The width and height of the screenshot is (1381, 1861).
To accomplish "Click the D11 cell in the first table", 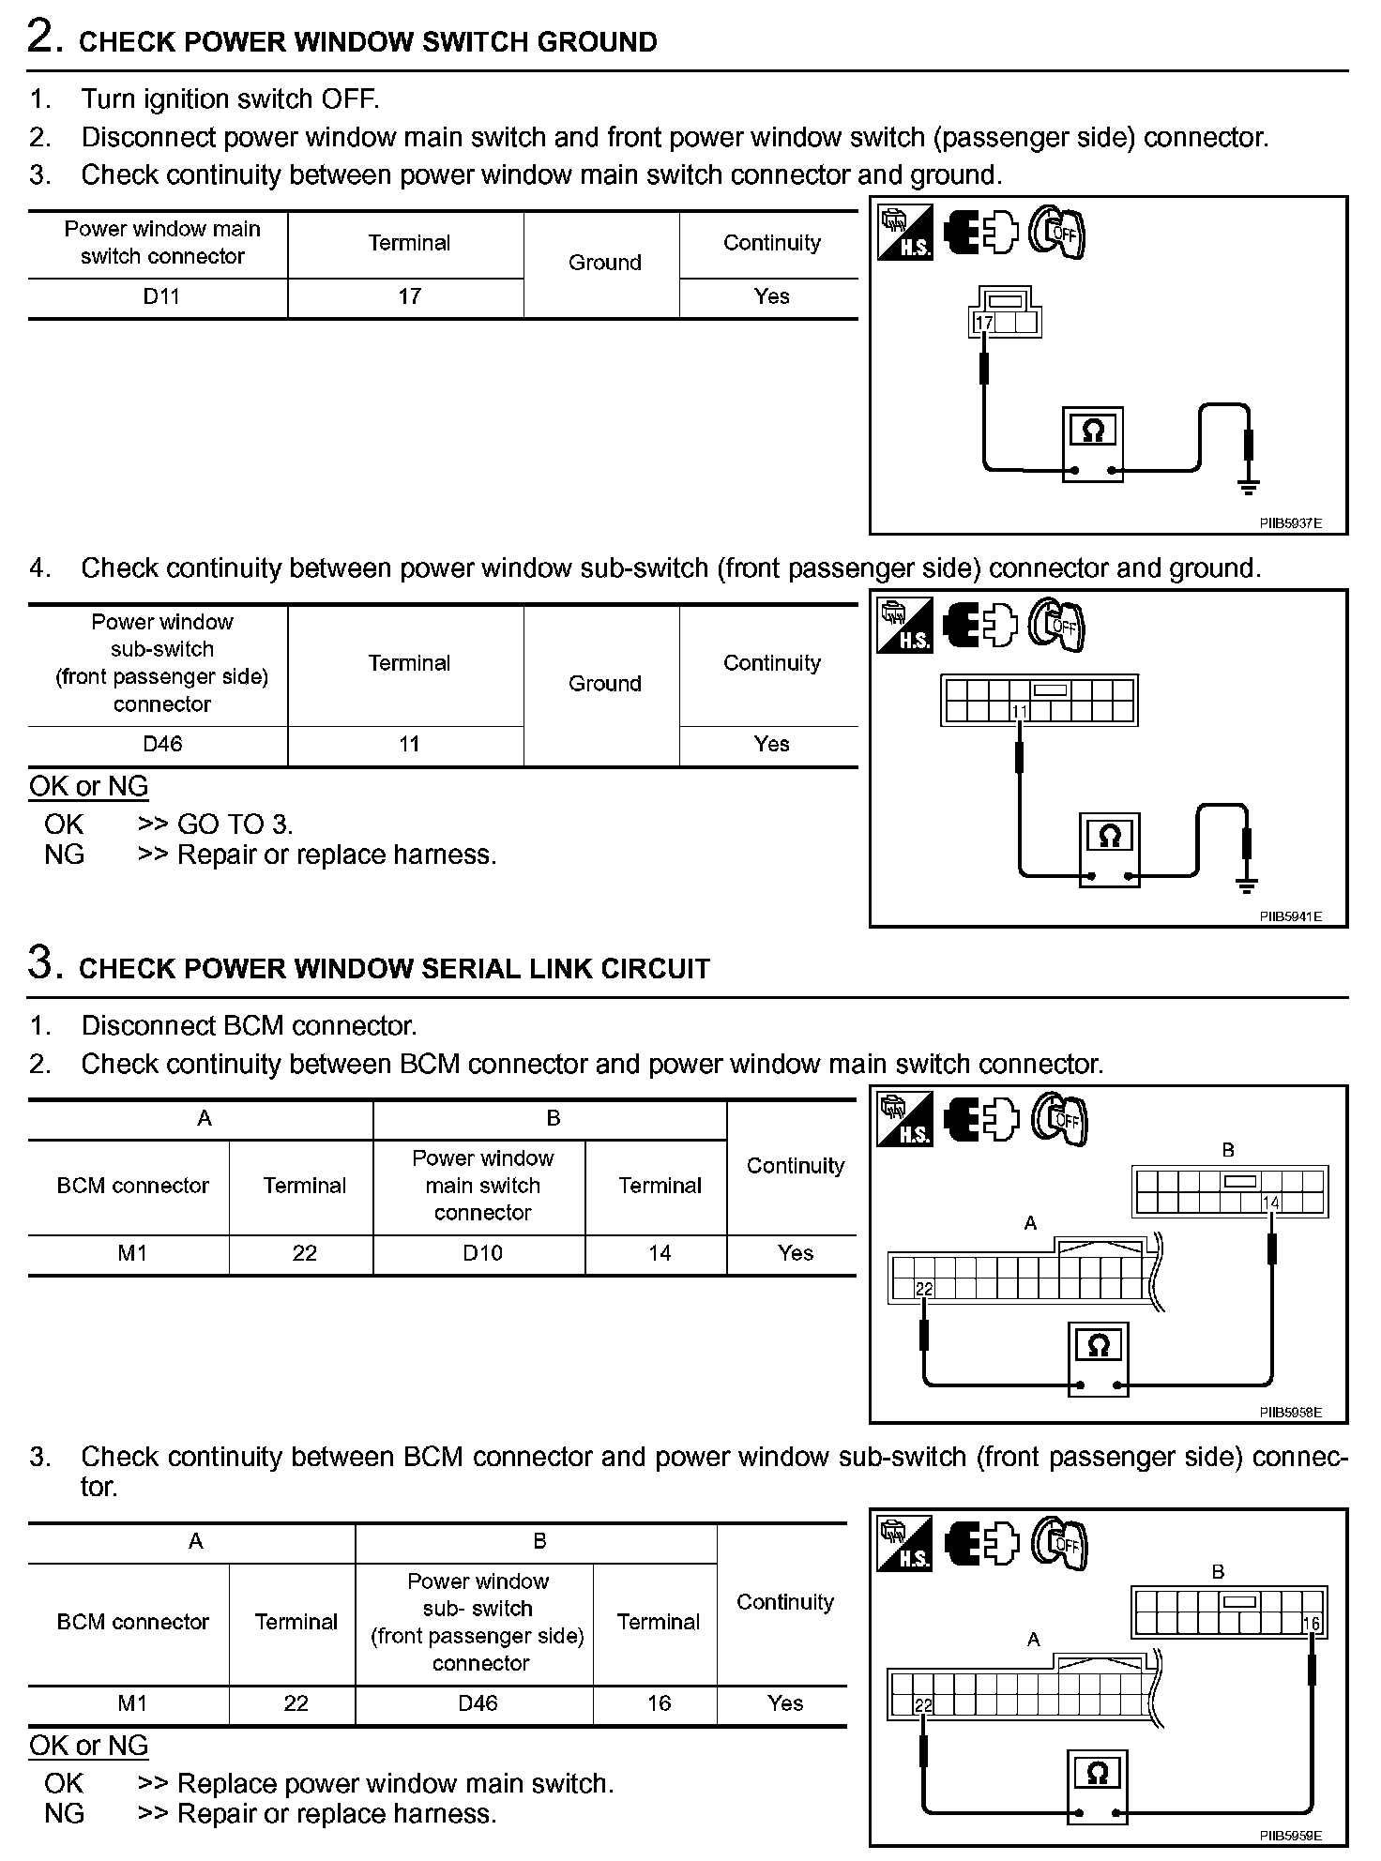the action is click(161, 296).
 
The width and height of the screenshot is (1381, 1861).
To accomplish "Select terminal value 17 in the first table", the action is click(409, 296).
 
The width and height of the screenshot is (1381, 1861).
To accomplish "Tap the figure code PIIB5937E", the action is click(1290, 523).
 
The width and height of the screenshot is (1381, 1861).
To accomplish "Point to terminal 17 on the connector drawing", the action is click(984, 324).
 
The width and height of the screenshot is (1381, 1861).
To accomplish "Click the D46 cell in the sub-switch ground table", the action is click(162, 744).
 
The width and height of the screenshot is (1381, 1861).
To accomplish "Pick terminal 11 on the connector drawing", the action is click(1020, 712).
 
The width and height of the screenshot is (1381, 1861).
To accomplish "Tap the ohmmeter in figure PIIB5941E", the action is click(1110, 849).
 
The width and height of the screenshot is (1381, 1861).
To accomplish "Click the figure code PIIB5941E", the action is click(1290, 916).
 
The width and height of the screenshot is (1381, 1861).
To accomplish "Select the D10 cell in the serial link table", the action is click(482, 1253).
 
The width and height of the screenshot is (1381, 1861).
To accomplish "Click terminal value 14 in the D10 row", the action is click(660, 1253).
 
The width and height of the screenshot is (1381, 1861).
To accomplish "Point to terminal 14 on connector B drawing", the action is click(1271, 1203).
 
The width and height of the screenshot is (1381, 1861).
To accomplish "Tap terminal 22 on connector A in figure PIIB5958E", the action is click(924, 1290).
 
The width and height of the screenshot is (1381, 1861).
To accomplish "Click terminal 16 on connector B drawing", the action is click(1311, 1624).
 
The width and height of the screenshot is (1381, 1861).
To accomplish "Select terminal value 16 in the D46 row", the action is click(659, 1702).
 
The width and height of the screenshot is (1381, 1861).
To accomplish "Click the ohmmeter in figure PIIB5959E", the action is click(1098, 1786).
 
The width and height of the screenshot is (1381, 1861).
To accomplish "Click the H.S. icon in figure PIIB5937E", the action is click(905, 232).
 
